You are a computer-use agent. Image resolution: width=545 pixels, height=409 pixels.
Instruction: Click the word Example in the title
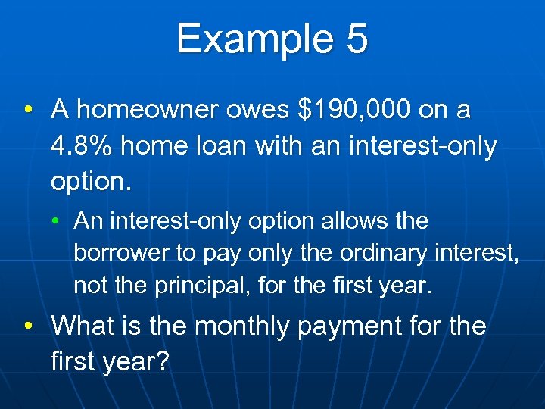(252, 39)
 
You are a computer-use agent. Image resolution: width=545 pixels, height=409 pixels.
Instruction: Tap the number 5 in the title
(355, 39)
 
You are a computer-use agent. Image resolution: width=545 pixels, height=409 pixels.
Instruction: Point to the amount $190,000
(354, 111)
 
